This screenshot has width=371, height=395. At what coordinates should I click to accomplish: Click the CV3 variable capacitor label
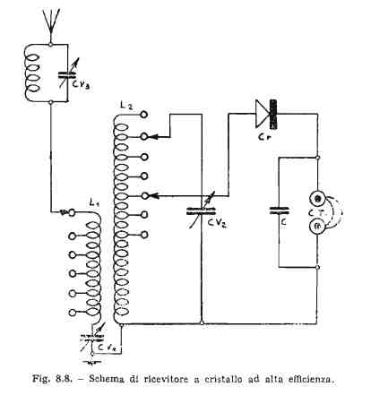pos(82,85)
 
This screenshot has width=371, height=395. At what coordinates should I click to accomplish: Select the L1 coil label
pos(94,203)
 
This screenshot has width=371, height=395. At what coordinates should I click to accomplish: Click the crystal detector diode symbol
pos(266,115)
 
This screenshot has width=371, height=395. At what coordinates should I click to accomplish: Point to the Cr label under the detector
pos(264,137)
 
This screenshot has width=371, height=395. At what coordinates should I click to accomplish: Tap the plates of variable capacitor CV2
pos(201,211)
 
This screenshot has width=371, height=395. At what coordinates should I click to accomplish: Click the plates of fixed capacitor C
pos(279,210)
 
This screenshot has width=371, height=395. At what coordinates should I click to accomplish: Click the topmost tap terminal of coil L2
pos(144,115)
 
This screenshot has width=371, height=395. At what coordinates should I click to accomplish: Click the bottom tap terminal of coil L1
pos(72,313)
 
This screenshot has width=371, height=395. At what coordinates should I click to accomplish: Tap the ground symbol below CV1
pos(92,362)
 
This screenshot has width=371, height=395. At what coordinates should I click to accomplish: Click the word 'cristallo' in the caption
pos(224,379)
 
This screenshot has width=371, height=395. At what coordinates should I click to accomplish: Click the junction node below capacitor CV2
pos(203,323)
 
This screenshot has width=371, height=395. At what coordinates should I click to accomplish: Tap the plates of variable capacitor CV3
pos(68,74)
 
